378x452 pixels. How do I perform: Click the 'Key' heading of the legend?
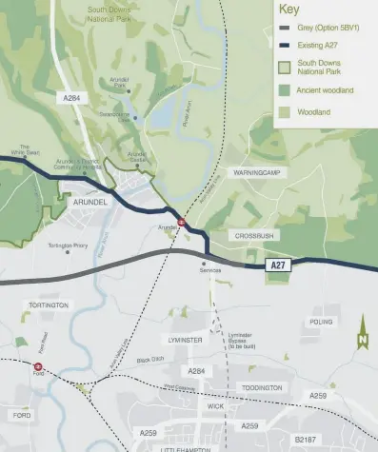pyautogui.click(x=289, y=10)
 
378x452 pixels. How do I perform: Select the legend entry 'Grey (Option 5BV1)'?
pyautogui.click(x=328, y=28)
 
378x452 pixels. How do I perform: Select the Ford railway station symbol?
pyautogui.click(x=39, y=366)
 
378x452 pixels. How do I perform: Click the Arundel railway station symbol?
pyautogui.click(x=182, y=223)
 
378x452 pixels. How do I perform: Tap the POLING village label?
pyautogui.click(x=320, y=322)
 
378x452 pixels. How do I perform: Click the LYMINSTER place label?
pyautogui.click(x=183, y=339)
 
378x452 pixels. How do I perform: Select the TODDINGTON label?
pyautogui.click(x=262, y=388)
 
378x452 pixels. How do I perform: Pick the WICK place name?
pyautogui.click(x=216, y=405)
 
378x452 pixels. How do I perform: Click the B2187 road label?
pyautogui.click(x=305, y=440)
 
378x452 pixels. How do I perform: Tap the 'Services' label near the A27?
pyautogui.click(x=209, y=270)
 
